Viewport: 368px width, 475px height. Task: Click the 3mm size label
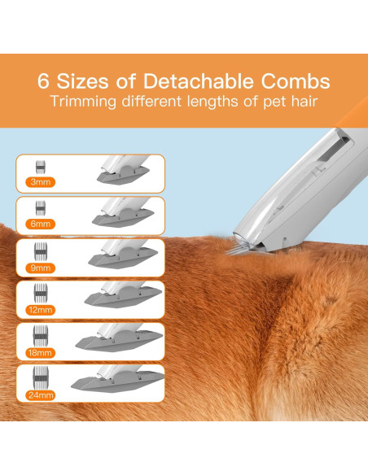37,182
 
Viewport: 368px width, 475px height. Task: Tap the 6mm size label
37,224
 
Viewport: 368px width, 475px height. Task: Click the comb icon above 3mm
37,168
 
